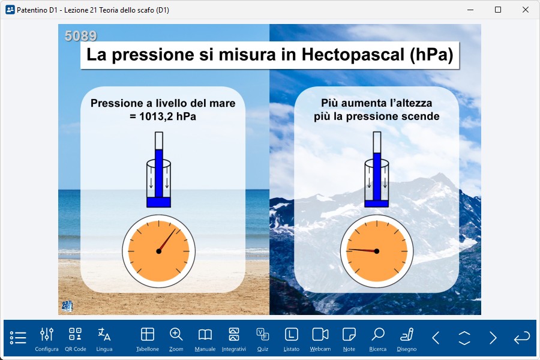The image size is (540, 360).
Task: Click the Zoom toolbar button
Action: coord(176,339)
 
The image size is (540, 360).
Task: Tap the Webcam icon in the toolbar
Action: coord(320,339)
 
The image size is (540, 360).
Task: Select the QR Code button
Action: coord(76,339)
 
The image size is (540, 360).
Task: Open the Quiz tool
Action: coord(263,339)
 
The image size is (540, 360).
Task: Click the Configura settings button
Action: coord(46,339)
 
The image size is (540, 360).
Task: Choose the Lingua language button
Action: coord(104,339)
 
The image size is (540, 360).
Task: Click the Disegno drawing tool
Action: coord(407,339)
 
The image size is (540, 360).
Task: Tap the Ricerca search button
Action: coord(378,339)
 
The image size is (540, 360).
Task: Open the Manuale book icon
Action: coord(205,339)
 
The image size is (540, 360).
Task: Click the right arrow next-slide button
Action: coord(493,338)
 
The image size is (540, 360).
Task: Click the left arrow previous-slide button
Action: coord(436,338)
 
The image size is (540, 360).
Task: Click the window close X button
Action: coord(526,10)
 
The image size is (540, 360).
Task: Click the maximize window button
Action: coord(498,10)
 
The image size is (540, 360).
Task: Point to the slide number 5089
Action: coord(80,36)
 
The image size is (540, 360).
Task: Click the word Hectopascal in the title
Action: coord(353,55)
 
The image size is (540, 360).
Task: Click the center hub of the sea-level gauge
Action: coord(159,251)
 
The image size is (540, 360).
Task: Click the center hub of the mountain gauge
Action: coord(377,251)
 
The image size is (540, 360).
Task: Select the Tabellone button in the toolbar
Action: coord(148,339)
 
